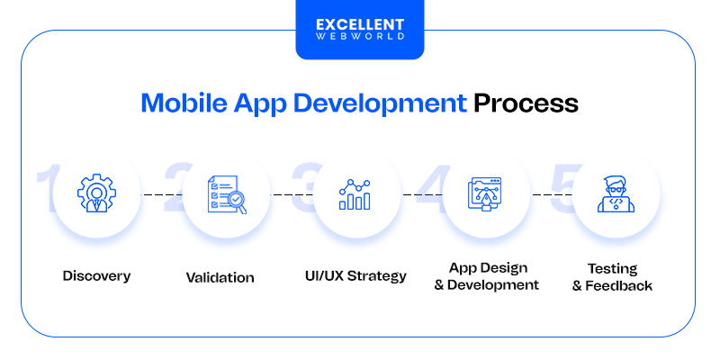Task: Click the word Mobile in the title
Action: click(179, 103)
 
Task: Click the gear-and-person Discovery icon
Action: click(96, 194)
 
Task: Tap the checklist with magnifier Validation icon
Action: click(227, 194)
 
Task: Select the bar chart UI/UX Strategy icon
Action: click(355, 194)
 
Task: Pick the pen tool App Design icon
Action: click(486, 194)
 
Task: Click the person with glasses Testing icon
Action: click(616, 194)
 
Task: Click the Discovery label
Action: click(96, 275)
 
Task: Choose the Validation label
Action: click(220, 277)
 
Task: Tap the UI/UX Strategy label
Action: click(356, 275)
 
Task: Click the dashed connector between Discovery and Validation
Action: click(161, 194)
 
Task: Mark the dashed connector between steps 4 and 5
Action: click(551, 194)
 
